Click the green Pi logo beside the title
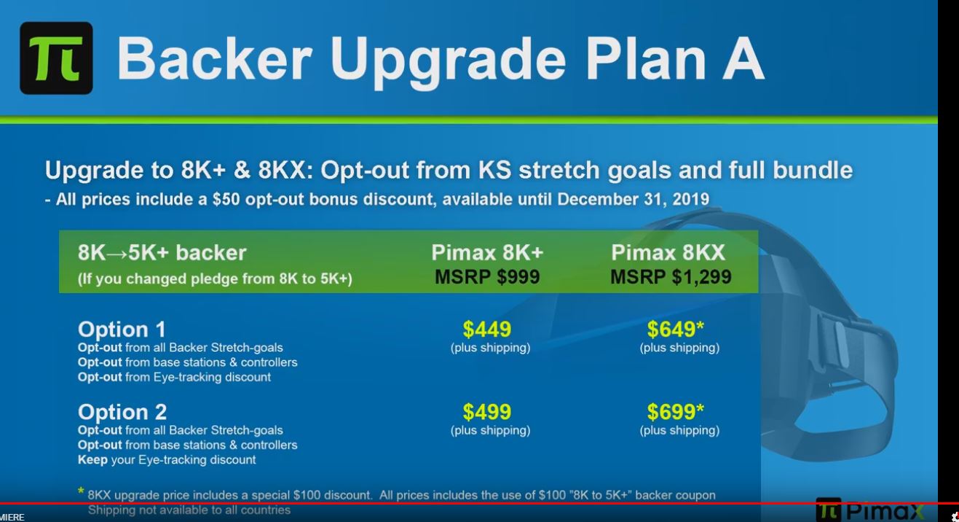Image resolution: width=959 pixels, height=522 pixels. click(x=56, y=58)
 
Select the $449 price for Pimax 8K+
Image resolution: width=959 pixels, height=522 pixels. click(x=487, y=330)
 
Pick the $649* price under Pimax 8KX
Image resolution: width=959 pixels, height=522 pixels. click(x=676, y=330)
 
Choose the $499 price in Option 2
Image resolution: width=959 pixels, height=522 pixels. click(x=487, y=413)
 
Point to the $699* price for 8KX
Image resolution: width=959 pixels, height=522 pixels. click(x=676, y=413)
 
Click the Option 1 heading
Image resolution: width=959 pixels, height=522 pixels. click(x=122, y=329)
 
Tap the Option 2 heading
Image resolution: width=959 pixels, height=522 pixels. click(x=122, y=411)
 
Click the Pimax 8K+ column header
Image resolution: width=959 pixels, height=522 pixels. click(x=487, y=253)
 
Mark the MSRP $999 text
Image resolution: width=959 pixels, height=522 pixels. click(x=487, y=277)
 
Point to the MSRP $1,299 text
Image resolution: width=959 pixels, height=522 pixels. click(x=671, y=277)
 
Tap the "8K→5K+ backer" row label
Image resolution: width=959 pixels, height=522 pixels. click(x=162, y=253)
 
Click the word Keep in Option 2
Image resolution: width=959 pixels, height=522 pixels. click(x=92, y=460)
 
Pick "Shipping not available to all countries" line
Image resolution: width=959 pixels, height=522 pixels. click(x=189, y=510)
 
